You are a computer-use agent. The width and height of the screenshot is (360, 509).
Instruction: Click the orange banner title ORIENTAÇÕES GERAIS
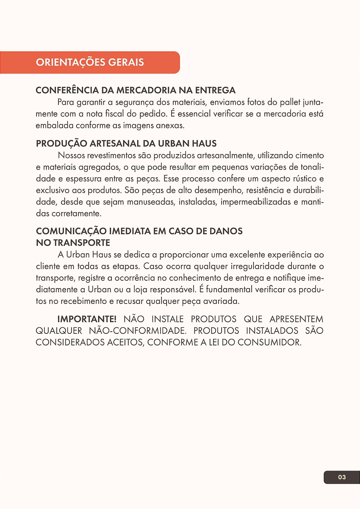point(90,62)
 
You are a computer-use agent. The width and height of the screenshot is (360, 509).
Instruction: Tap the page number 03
point(342,477)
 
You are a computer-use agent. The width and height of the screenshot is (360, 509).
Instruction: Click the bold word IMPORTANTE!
point(86,319)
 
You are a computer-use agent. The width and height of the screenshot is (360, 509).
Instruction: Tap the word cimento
point(309,155)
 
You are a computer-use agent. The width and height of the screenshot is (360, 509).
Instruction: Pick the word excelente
point(247,255)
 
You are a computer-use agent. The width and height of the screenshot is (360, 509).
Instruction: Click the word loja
point(140,290)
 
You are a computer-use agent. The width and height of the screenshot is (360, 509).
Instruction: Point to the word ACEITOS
point(125,342)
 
